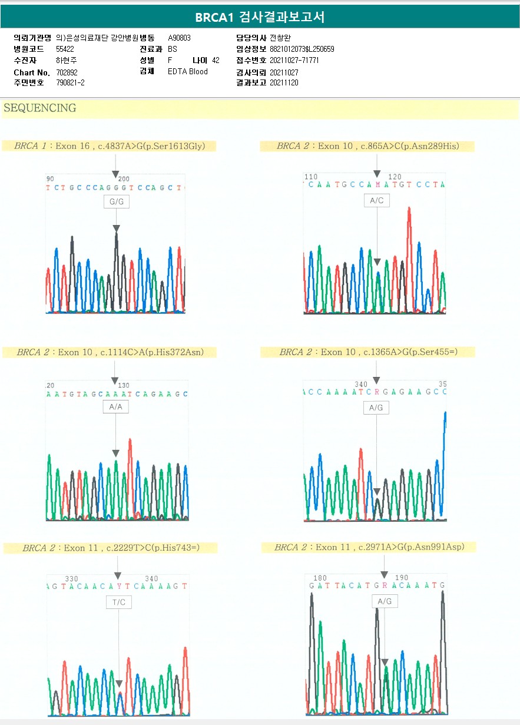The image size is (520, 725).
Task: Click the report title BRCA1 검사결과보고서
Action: coord(260,17)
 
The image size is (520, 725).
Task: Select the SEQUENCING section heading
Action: coord(40,108)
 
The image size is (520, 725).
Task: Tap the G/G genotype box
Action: coord(116,202)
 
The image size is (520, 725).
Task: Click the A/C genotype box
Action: coord(377,201)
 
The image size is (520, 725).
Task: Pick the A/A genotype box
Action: coord(115,406)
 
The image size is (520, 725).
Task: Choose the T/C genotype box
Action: coord(119,602)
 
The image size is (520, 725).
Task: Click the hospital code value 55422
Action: coord(65,49)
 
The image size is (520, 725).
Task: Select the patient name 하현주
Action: coord(66,61)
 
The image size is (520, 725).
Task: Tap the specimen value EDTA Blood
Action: coord(188,72)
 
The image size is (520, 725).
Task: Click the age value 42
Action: coord(216,61)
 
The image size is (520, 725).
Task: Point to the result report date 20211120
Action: coord(284,83)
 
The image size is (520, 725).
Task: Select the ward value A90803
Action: coord(179,38)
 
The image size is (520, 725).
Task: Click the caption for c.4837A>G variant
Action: coord(110,146)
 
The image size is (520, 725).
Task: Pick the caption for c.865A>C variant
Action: coord(367,146)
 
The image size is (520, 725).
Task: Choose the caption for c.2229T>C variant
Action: coord(111,548)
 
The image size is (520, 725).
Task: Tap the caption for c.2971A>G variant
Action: coord(369,547)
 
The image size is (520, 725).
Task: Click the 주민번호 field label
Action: coord(29,83)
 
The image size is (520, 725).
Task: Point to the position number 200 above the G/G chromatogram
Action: coord(124,178)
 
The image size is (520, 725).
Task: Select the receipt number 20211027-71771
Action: coord(294,61)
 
